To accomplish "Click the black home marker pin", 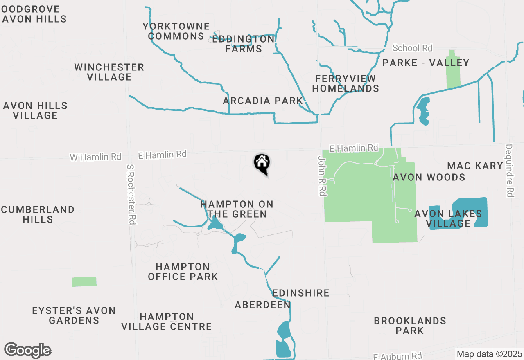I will pos(262,164).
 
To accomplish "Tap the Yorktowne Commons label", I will pos(176,32).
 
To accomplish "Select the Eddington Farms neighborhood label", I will pos(243,44).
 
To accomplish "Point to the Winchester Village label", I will pos(109,72).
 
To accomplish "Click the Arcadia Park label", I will pos(262,101).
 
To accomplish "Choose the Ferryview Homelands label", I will pos(346,83).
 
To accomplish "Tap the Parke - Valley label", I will pos(425,63).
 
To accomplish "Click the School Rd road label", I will pos(412,48).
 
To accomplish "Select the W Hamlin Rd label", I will pos(95,157).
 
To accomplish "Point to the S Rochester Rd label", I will pos(131,194).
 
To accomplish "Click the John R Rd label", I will pos(323,175).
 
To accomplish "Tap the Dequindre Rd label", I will pos(509,171).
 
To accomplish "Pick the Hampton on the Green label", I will pos(237,209).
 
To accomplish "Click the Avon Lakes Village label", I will pos(448,218).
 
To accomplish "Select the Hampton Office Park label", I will pos(183,272).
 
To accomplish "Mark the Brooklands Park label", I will pos(410,326).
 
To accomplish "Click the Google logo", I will pos(27,351).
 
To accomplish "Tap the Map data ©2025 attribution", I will pos(489,354).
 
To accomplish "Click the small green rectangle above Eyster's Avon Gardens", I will pos(84,281).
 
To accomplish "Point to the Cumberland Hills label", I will pos(38,214).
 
